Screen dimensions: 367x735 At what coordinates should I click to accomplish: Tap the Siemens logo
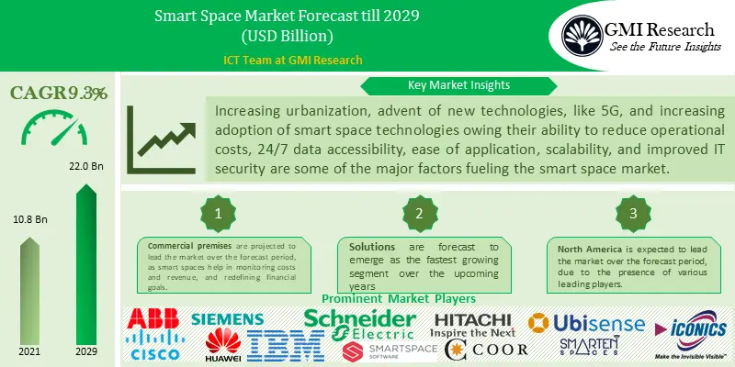click(227, 319)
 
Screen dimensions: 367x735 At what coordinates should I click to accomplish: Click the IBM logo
click(282, 344)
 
